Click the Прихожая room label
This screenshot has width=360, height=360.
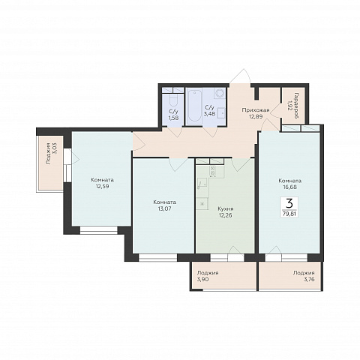tap(256, 109)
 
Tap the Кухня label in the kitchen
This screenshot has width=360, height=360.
tap(226, 208)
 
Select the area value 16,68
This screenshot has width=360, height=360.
tap(289, 187)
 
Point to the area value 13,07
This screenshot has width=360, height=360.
tap(164, 208)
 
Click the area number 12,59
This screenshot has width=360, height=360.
tap(102, 186)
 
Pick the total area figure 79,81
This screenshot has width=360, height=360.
tap(289, 214)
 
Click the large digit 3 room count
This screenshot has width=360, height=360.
tap(289, 202)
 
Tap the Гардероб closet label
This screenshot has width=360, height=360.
tap(296, 106)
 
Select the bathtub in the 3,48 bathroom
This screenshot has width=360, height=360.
tap(194, 106)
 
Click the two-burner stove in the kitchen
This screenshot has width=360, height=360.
tap(213, 170)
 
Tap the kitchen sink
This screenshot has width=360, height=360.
tap(202, 183)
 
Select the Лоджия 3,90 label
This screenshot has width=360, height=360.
tap(207, 276)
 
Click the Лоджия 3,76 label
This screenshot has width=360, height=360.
tap(304, 276)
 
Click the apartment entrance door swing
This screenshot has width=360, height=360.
tap(241, 76)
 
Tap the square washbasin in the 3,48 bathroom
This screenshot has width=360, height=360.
tap(221, 114)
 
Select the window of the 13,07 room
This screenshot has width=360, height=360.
tap(158, 257)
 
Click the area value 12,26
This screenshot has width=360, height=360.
tap(225, 215)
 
